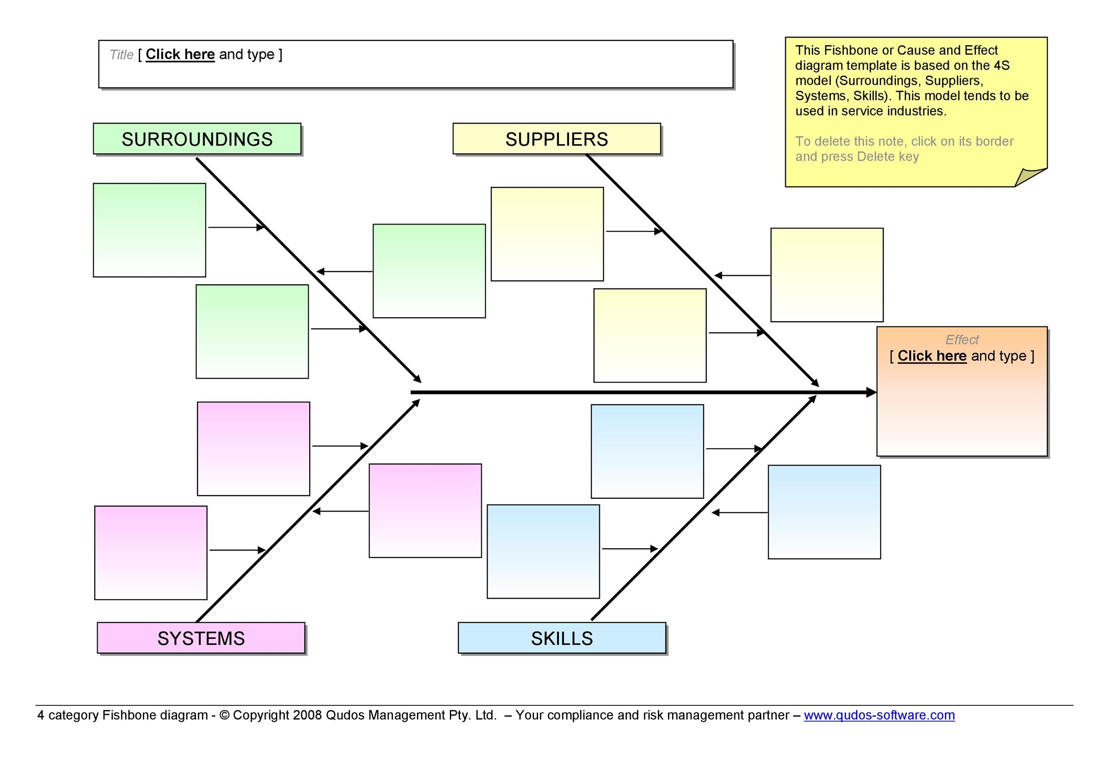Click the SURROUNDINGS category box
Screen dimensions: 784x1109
[197, 139]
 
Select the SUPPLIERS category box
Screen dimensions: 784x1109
[556, 139]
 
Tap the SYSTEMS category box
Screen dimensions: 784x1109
[201, 638]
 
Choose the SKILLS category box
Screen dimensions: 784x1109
[562, 638]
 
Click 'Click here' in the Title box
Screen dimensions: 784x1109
[180, 54]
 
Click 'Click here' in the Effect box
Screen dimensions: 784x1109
[932, 356]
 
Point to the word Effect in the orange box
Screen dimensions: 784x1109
[962, 339]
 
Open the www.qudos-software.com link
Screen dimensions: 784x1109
[879, 715]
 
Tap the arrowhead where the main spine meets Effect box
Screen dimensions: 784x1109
[871, 392]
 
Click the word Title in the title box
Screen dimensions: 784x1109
[121, 55]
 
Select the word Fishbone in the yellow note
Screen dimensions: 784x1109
[853, 50]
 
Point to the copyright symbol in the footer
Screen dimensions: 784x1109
[224, 715]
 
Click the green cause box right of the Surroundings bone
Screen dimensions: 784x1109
[429, 271]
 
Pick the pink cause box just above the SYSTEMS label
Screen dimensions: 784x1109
[151, 553]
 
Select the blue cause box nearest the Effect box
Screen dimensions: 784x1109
[824, 512]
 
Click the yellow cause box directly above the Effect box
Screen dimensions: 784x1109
[826, 275]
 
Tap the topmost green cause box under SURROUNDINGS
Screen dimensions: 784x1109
[149, 230]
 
